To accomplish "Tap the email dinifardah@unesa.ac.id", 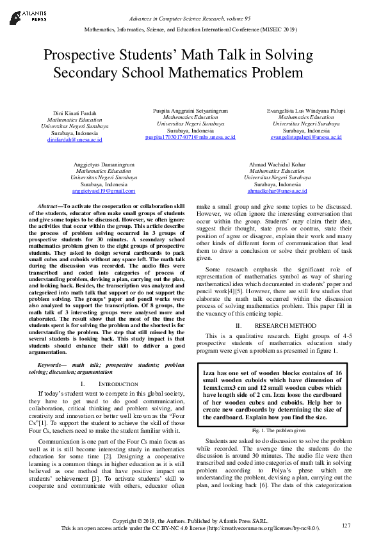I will (74, 139).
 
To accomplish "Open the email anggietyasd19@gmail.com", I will (104, 191).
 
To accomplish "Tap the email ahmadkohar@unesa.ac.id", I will (277, 191).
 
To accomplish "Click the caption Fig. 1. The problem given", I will (277, 431).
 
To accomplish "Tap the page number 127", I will (346, 526).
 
